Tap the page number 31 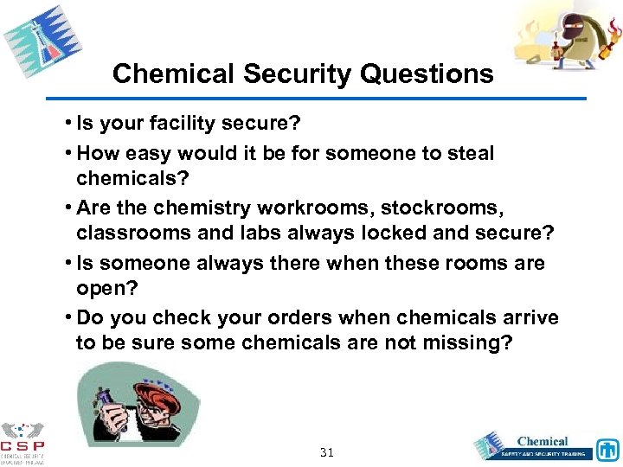(x=327, y=452)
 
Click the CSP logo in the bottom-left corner (x=23, y=441)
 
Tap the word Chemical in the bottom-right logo (x=543, y=441)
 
